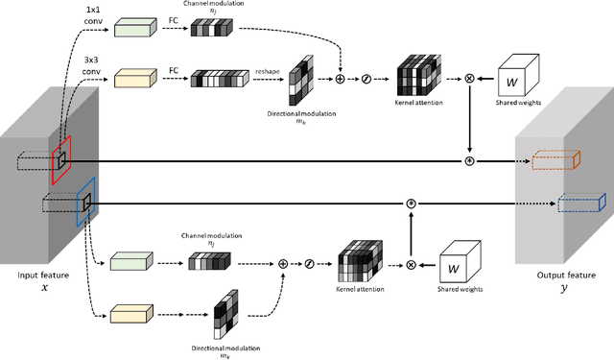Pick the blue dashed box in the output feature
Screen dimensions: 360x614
click(579, 203)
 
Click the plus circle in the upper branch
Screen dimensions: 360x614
click(339, 76)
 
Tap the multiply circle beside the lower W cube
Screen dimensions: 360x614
click(411, 265)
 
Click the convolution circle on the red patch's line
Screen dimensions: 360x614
click(469, 160)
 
